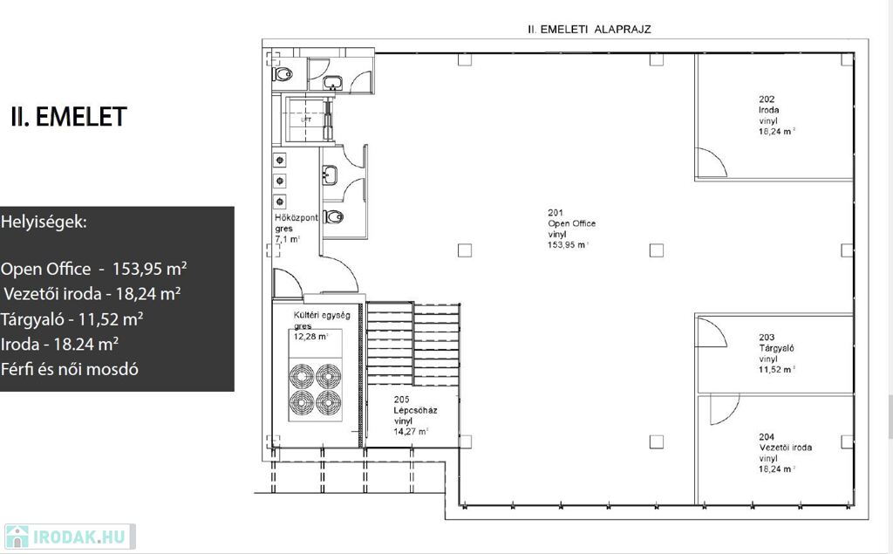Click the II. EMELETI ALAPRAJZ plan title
(590, 29)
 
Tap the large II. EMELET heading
(68, 117)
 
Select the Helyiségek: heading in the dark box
(44, 222)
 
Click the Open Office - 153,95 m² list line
(94, 269)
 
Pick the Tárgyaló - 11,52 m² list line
(72, 319)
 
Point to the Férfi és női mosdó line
(70, 369)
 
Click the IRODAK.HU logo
(70, 537)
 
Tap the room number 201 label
(556, 213)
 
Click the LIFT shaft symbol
(306, 120)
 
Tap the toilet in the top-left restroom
(282, 73)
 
